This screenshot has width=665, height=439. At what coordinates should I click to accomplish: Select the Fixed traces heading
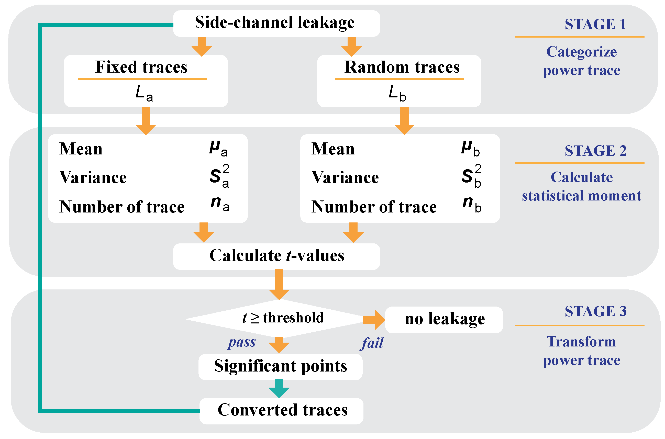coord(141,67)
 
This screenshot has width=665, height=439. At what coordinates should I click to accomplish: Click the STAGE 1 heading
coord(595,24)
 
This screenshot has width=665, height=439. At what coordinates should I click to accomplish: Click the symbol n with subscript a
coord(219,204)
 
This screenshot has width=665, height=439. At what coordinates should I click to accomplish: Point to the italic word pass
coord(242,342)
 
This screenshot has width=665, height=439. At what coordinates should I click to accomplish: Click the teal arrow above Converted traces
coord(279,389)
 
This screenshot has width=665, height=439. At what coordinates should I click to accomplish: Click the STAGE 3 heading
coord(595,311)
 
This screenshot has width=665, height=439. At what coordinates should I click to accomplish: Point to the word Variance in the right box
coord(345,177)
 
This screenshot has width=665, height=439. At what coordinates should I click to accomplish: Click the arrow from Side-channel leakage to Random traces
coord(351,47)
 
